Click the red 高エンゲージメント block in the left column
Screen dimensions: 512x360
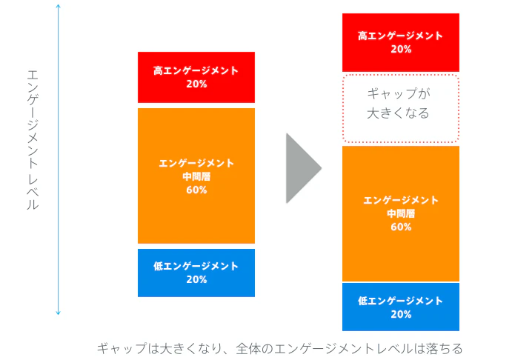tap(196, 77)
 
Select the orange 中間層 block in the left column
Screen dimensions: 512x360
tap(196, 176)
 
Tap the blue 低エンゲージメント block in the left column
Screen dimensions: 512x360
tap(196, 273)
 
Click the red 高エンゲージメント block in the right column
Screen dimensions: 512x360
tap(401, 42)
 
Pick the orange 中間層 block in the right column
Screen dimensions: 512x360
tap(401, 214)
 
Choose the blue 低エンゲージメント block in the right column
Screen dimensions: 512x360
tap(401, 307)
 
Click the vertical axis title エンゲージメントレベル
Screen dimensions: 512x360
tap(33, 140)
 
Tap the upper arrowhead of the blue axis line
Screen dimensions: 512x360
tap(58, 5)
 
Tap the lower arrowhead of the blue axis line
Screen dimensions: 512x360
tap(58, 313)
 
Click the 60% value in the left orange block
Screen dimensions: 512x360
tap(196, 190)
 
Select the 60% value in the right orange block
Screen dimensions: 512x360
tap(401, 227)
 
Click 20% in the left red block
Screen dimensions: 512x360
tap(196, 84)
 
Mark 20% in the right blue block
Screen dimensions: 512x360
tap(401, 314)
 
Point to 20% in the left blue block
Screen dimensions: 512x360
tap(196, 279)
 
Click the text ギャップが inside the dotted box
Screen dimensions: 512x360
tap(399, 93)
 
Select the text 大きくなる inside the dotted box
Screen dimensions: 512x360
tap(398, 113)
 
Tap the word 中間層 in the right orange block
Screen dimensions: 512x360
tap(401, 213)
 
